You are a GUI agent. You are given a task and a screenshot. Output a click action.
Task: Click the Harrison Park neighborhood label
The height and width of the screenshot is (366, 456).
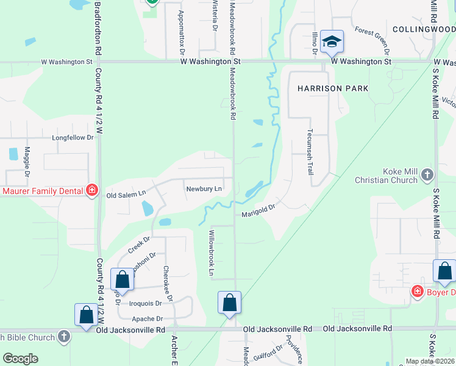pyautogui.click(x=333, y=88)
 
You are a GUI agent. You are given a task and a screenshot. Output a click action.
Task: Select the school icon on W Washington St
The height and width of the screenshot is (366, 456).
pyautogui.click(x=332, y=42)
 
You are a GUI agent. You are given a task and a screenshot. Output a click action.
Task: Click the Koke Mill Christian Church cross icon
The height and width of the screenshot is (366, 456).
pyautogui.click(x=427, y=176)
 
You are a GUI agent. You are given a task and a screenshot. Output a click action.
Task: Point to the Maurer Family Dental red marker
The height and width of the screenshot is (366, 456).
pyautogui.click(x=92, y=191)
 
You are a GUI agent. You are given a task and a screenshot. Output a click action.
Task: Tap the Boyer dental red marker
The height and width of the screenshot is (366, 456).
pyautogui.click(x=417, y=292)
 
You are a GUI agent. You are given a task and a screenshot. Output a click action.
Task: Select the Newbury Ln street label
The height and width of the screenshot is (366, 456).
pyautogui.click(x=204, y=188)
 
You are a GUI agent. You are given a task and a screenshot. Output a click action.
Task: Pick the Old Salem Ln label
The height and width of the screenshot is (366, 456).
pyautogui.click(x=126, y=195)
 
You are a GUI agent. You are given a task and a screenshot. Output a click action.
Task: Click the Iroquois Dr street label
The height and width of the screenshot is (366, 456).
pyautogui.click(x=146, y=303)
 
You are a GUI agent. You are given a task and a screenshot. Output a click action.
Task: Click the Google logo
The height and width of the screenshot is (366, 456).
pyautogui.click(x=20, y=359)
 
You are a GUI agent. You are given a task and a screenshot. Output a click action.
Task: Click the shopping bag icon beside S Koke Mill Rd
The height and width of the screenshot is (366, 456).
pyautogui.click(x=444, y=271)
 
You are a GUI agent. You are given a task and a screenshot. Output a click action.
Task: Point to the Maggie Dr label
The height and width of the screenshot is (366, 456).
pyautogui.click(x=27, y=162)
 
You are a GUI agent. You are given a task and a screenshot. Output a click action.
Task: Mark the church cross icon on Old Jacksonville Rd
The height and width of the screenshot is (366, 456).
pyautogui.click(x=64, y=337)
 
